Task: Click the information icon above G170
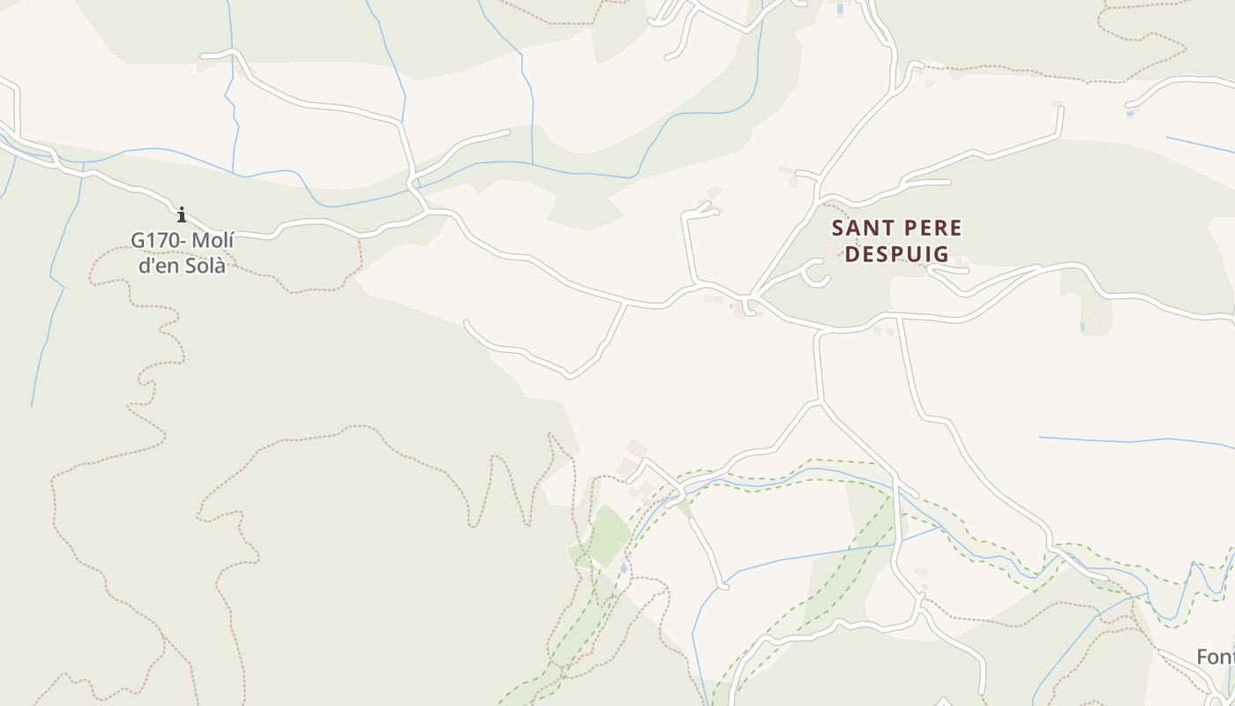pos(182,214)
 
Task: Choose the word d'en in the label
pos(157,266)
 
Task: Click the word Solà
pos(205,266)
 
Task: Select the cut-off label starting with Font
pos(1216,657)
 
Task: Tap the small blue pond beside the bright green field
pos(624,568)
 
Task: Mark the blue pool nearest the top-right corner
pos(1130,114)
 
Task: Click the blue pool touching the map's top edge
pos(839,9)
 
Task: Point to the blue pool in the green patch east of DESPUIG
pos(1082,327)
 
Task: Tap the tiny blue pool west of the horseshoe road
pos(730,306)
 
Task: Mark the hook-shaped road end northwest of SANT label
pos(709,209)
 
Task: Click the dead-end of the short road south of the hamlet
pos(724,586)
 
